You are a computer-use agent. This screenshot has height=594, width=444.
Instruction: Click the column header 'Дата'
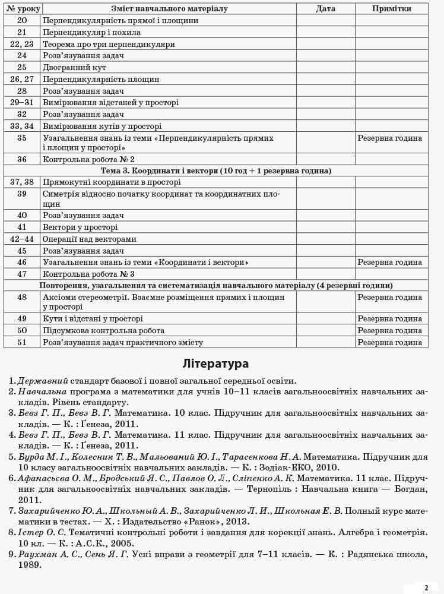point(325,9)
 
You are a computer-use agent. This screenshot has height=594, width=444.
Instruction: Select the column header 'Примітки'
point(391,9)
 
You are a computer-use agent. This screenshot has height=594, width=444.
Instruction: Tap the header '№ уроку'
point(22,9)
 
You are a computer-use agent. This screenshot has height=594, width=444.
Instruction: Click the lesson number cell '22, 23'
point(22,44)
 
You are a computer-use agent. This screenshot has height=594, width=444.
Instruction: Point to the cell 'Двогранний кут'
point(75,68)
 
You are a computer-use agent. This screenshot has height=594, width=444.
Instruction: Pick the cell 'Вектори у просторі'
point(80,227)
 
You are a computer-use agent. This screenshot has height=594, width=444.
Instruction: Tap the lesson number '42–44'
point(22,239)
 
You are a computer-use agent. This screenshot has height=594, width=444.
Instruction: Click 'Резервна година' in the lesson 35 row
point(390,138)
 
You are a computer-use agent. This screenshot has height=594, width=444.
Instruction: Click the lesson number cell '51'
point(22,342)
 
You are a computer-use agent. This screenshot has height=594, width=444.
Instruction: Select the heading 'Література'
point(215,364)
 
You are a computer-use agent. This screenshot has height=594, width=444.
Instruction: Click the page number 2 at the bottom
point(426,587)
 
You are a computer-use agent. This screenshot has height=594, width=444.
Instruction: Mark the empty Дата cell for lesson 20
point(325,20)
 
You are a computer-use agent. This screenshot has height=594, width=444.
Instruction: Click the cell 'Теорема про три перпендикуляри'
point(109,44)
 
